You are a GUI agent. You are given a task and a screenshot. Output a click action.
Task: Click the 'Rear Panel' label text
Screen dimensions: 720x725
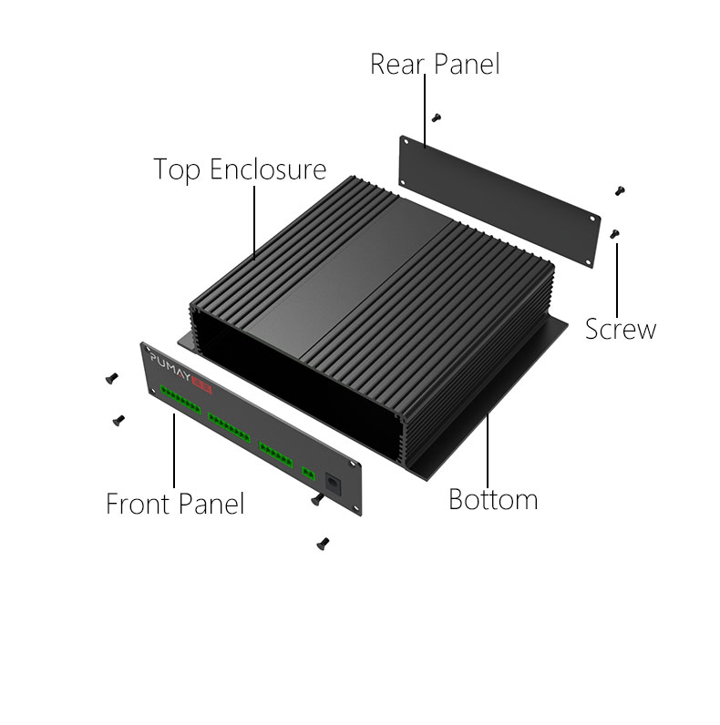[x=435, y=64]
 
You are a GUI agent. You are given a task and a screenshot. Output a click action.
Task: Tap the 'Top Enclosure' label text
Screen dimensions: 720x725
[x=240, y=169]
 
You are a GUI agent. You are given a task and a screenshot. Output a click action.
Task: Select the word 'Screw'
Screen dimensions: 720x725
[x=621, y=329]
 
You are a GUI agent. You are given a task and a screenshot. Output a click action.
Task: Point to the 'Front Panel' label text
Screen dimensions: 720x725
[x=175, y=504]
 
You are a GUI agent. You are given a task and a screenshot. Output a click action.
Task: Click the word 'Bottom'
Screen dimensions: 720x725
[x=493, y=499]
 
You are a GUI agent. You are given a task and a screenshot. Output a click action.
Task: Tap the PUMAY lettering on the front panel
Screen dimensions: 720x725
[x=170, y=365]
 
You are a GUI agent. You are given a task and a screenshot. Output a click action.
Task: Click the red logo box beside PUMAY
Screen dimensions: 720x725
[x=201, y=384]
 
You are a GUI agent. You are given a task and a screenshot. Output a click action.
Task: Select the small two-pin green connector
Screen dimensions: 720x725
[x=309, y=474]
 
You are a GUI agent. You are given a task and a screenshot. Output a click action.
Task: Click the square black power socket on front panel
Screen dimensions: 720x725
[x=333, y=484]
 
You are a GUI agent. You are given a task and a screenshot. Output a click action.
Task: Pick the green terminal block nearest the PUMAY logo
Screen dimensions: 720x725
[x=180, y=400]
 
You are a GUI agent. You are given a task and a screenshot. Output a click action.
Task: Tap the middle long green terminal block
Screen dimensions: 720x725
[x=229, y=428]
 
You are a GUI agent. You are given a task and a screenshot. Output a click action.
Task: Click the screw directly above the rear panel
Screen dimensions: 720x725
[x=436, y=117]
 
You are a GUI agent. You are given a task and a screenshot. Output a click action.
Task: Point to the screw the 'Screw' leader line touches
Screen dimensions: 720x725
[x=614, y=234]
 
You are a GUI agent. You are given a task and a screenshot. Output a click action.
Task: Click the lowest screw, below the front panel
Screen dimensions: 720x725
[x=323, y=544]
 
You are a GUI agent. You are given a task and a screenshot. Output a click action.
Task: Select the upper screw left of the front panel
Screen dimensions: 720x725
[x=111, y=378]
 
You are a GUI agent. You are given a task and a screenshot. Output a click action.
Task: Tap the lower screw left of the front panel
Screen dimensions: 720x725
[x=118, y=420]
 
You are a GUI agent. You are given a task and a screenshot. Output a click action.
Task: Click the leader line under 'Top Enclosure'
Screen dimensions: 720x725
[x=254, y=223]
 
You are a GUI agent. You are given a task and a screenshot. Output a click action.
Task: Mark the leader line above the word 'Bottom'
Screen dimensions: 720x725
[x=488, y=448]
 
